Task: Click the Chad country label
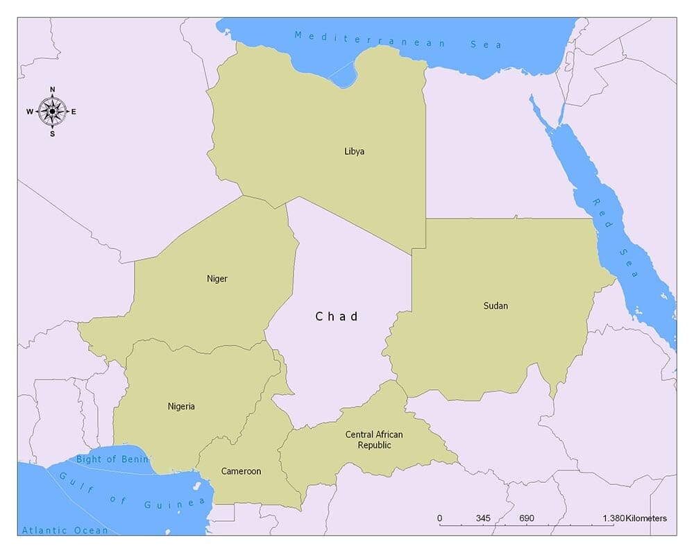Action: click(337, 316)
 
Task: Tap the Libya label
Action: click(354, 151)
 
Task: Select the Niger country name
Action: click(217, 279)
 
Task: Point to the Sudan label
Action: click(496, 305)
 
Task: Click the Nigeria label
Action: click(181, 407)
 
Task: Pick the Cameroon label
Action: click(241, 471)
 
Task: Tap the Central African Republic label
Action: click(374, 440)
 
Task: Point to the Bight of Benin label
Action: click(112, 459)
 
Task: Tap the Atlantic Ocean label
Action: click(65, 531)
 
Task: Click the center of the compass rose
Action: click(52, 111)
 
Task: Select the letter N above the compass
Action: click(52, 89)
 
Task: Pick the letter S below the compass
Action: click(52, 134)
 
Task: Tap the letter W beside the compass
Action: click(30, 112)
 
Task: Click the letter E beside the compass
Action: click(74, 112)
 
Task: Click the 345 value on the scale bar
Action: click(483, 518)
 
